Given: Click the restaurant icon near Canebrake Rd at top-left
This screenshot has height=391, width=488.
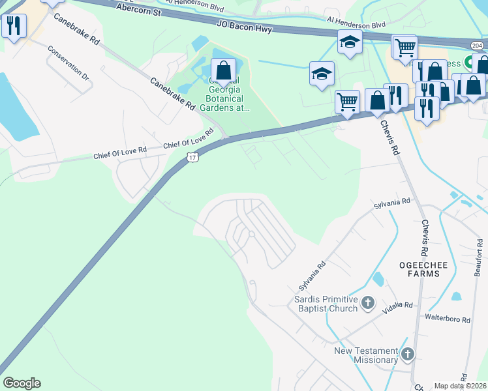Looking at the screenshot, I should (x=13, y=26).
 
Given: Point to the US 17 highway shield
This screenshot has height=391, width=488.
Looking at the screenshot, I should (x=192, y=157).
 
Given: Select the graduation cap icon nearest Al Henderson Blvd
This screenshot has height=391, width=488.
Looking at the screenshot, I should (x=350, y=42).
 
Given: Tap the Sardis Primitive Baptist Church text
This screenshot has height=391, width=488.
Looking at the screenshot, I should (x=325, y=304).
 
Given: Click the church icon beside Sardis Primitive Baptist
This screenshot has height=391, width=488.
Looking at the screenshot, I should (x=369, y=302).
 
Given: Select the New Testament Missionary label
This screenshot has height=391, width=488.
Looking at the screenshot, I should (x=365, y=355).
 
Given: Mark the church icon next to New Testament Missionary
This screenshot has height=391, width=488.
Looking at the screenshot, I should (x=408, y=355).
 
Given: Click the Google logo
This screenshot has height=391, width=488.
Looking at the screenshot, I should (x=22, y=383).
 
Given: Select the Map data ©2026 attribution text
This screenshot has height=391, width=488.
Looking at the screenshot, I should (x=461, y=386).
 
